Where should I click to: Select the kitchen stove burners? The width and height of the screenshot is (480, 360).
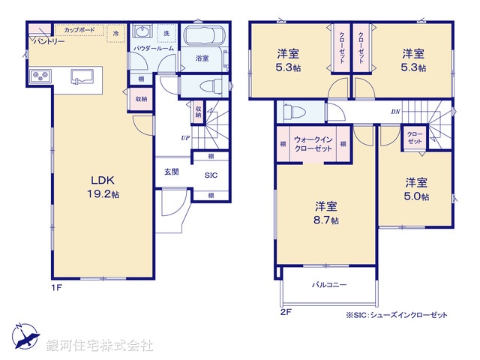coord(39,75)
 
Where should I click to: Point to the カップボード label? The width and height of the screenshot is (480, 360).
coord(79,30)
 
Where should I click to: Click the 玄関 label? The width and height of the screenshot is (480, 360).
coord(172,172)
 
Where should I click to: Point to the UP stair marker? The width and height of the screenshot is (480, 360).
coord(184,138)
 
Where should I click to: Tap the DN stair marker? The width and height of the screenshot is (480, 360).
coord(395,112)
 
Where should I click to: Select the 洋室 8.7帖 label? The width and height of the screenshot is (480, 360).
coord(325,213)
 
